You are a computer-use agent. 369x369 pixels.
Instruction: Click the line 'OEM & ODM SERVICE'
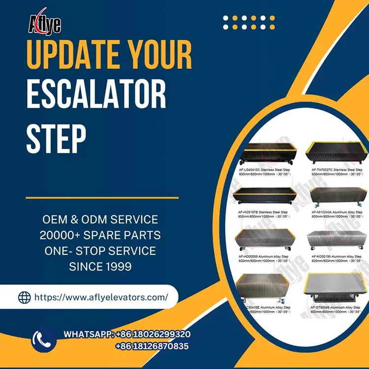point(100,219)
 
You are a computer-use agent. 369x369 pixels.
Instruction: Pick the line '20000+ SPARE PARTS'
point(100,235)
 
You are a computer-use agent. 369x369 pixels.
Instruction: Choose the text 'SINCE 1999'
point(100,267)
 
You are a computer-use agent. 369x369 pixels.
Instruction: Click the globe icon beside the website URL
point(24,297)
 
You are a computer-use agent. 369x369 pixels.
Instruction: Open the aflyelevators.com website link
point(101,297)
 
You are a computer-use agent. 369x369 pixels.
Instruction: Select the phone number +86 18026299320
point(153,335)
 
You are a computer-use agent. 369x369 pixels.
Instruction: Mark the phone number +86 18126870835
point(152,346)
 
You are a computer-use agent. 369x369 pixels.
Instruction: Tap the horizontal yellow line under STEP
point(102,198)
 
